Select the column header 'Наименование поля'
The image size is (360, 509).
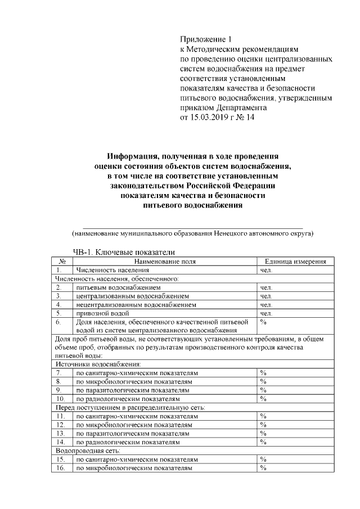tap(165, 262)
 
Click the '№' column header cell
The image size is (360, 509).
tap(63, 262)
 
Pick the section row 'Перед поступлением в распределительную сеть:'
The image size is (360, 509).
tap(129, 407)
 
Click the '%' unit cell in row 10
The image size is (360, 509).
tap(263, 399)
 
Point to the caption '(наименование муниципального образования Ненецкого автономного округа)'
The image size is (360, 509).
tap(191, 233)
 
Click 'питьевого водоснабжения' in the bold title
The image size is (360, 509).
tap(193, 205)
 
